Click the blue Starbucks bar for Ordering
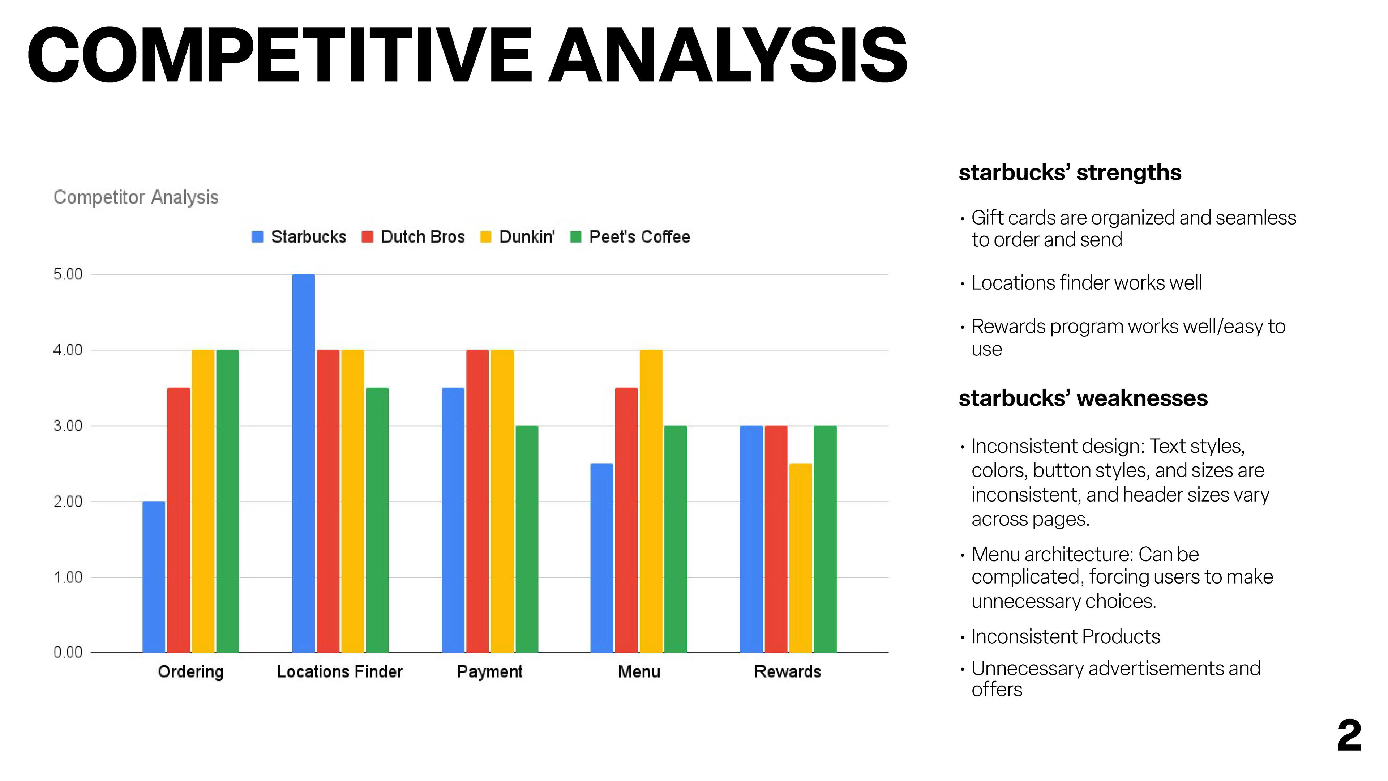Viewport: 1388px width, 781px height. pyautogui.click(x=154, y=576)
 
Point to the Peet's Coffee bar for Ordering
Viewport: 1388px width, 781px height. pyautogui.click(x=227, y=501)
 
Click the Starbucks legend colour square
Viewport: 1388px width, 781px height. pyautogui.click(x=258, y=236)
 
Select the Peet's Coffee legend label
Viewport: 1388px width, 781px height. pyautogui.click(x=639, y=236)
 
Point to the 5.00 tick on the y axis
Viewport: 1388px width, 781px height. pyautogui.click(x=68, y=274)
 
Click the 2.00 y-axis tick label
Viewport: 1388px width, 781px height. pyautogui.click(x=68, y=502)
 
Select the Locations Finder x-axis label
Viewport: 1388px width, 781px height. pyautogui.click(x=339, y=671)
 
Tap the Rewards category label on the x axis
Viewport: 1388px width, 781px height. pyautogui.click(x=787, y=671)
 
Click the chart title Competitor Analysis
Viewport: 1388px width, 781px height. pyautogui.click(x=136, y=197)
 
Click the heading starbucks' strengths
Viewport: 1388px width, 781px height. pyautogui.click(x=1070, y=172)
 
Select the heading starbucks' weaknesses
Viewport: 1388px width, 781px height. pyautogui.click(x=1083, y=398)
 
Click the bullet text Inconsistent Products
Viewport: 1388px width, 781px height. pyautogui.click(x=1065, y=636)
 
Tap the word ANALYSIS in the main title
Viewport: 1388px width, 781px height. pyautogui.click(x=727, y=56)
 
